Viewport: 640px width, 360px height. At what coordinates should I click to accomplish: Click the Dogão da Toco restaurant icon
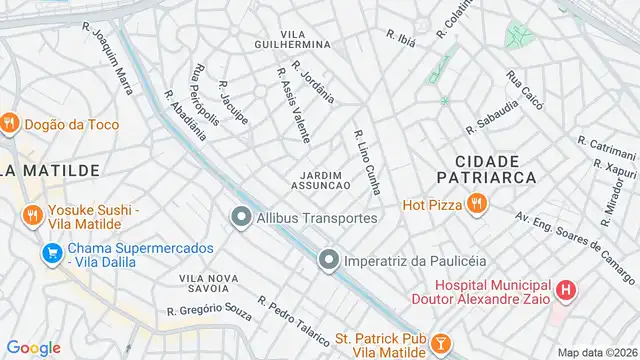point(10,123)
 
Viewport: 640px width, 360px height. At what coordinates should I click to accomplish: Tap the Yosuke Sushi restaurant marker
point(32,215)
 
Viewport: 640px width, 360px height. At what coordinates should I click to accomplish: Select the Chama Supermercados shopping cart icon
point(50,254)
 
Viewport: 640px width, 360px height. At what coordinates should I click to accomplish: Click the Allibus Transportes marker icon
point(240,217)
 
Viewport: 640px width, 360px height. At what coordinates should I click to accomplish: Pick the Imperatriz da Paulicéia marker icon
point(328,261)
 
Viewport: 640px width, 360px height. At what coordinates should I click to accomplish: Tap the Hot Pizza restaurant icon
point(475,205)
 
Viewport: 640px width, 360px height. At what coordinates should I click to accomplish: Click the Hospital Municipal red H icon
point(566,291)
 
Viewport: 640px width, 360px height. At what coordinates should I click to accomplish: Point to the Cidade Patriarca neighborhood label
point(487,168)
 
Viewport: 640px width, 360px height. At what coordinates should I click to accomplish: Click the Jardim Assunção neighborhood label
point(320,181)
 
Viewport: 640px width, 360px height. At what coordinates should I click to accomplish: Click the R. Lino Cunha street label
point(367,160)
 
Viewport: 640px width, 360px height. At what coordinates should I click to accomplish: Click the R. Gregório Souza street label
point(210,311)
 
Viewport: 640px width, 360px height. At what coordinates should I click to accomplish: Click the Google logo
point(33,347)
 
